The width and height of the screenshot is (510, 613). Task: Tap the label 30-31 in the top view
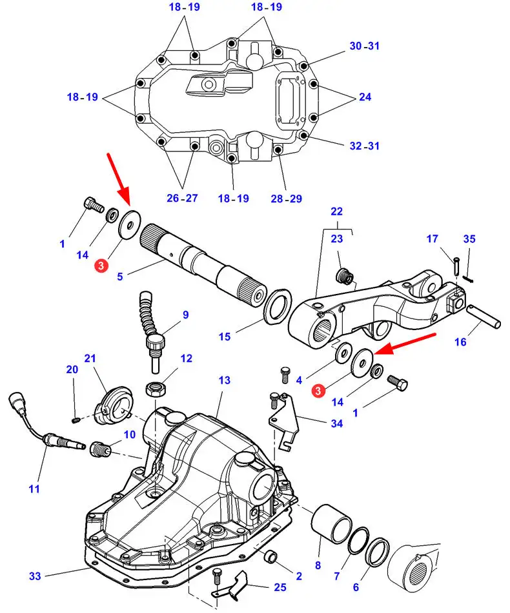pos(365,46)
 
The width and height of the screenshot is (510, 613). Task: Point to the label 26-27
pos(181,199)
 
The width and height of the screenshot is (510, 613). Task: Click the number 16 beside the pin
pos(460,342)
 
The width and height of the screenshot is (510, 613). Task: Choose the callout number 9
pos(185,315)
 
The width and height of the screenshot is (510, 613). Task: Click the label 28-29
pos(286,199)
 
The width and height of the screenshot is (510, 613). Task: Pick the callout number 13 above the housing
pos(224,381)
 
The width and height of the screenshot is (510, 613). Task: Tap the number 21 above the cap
pos(89,358)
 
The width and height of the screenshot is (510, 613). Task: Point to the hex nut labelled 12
pos(155,388)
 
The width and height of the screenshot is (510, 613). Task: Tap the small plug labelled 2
pos(272,555)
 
